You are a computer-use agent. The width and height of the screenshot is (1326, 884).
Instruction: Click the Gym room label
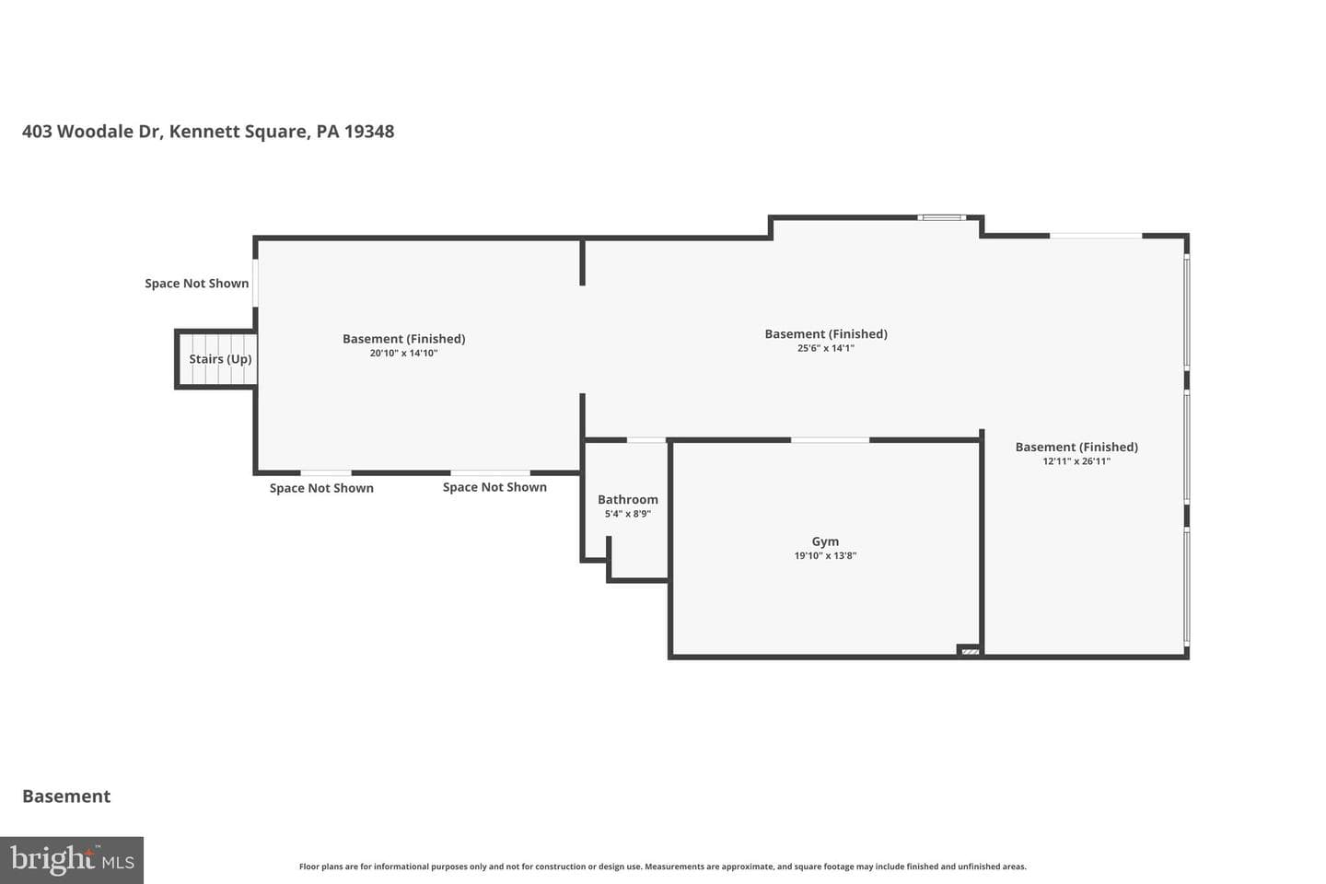[825, 541]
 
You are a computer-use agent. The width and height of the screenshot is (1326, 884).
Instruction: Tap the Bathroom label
[627, 500]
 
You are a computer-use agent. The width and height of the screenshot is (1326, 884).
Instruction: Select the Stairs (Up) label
[220, 359]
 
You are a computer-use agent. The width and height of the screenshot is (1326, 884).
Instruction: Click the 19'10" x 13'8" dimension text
[825, 555]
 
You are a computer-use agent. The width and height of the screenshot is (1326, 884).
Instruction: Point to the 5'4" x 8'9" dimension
[627, 514]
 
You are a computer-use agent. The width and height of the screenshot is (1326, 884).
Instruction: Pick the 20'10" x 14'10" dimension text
[403, 353]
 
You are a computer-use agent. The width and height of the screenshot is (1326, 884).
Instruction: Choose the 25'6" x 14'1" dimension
[826, 348]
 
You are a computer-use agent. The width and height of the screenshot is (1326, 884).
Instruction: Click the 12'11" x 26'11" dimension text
[1076, 461]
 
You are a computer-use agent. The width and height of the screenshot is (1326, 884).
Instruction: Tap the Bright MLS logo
[72, 860]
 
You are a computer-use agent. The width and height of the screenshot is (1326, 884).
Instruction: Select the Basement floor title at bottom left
[66, 797]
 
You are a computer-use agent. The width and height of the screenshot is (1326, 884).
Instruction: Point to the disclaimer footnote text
[662, 867]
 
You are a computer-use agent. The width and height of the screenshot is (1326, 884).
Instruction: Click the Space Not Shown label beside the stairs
[196, 284]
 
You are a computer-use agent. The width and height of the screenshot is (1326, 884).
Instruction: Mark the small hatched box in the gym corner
[969, 651]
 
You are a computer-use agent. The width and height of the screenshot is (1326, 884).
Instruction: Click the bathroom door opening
[646, 440]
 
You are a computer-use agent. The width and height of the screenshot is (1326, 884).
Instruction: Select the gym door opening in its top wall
[830, 440]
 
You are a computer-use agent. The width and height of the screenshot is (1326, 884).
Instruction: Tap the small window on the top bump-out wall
[941, 218]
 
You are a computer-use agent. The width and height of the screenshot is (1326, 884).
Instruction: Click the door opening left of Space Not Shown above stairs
[256, 283]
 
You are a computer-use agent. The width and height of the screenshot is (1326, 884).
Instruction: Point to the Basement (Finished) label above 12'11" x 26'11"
[1076, 447]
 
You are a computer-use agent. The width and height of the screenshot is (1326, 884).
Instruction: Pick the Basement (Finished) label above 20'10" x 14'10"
[403, 339]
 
